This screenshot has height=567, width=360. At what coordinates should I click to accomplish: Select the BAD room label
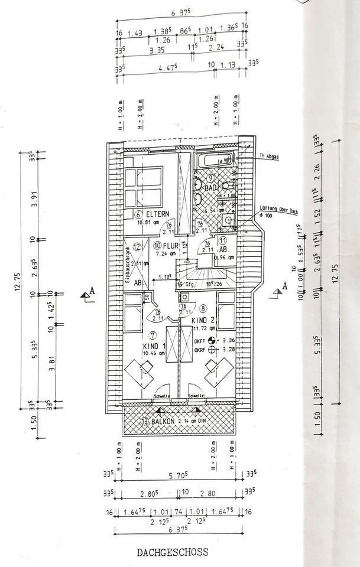(211, 188)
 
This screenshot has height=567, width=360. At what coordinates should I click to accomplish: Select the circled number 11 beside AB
(223, 240)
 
